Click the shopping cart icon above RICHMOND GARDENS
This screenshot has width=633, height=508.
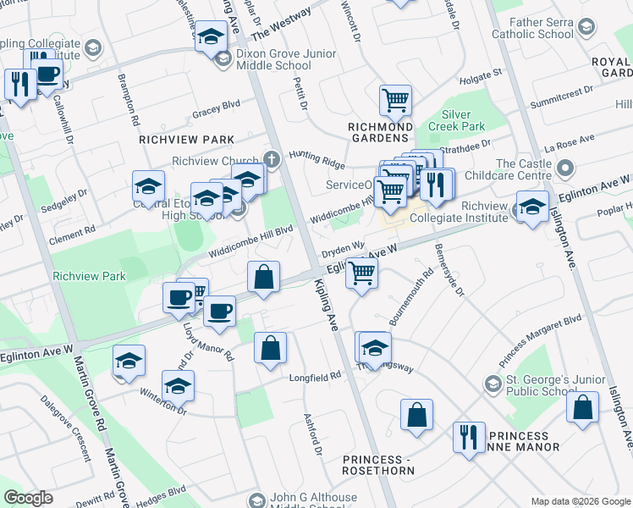pos(395,102)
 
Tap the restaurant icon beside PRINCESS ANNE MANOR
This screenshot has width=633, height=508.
pos(467,438)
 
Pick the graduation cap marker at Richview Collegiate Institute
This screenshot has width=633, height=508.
pos(532,207)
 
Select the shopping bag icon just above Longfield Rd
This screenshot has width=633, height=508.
pos(270,348)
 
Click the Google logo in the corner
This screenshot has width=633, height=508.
pos(29,498)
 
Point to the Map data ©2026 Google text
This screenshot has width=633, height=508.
pos(580,501)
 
